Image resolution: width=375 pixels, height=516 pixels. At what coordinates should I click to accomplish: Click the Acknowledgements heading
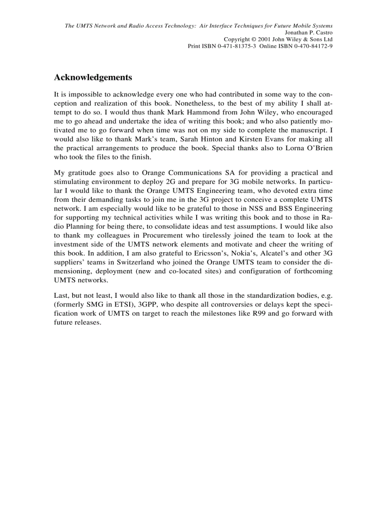coord(93,77)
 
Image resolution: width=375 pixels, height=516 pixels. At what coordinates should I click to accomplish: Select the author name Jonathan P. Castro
coord(309,33)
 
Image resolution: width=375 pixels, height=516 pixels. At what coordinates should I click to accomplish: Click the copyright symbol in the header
coord(254,40)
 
